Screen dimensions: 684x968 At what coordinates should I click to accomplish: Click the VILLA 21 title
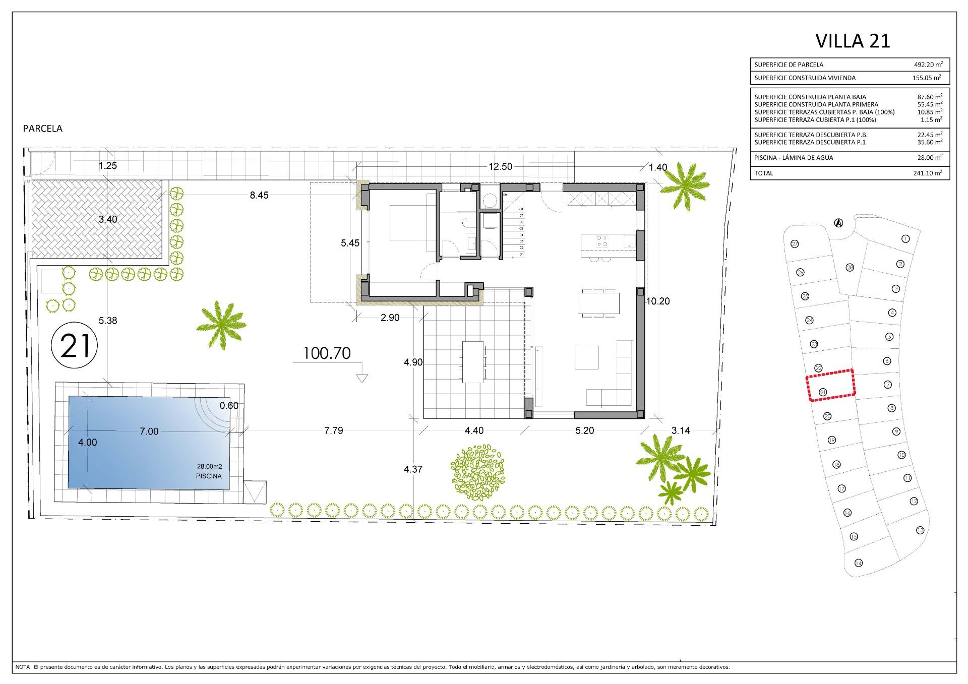(853, 41)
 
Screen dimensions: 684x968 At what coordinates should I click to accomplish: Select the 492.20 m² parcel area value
(928, 65)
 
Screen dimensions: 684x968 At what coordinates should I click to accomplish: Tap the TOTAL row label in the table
(763, 173)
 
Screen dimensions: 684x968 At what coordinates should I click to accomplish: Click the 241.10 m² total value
(928, 173)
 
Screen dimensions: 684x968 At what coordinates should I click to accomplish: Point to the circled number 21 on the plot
(75, 346)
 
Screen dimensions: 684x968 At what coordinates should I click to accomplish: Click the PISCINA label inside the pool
(209, 476)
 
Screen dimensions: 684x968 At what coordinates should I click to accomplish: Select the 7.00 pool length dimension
(149, 431)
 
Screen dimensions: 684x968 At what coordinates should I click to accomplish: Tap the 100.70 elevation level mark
(327, 353)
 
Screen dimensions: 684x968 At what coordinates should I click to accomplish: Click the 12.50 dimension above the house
(500, 167)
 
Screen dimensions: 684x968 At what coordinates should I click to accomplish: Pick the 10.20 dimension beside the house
(657, 301)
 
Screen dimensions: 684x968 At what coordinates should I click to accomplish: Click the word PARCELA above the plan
(43, 129)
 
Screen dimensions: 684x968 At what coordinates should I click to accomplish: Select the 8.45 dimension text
(259, 195)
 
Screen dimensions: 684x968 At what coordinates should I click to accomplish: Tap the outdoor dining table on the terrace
(473, 361)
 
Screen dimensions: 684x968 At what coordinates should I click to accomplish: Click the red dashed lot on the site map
(830, 385)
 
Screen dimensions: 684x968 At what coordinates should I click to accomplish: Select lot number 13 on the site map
(920, 530)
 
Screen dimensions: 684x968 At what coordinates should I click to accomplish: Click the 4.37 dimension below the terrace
(413, 469)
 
